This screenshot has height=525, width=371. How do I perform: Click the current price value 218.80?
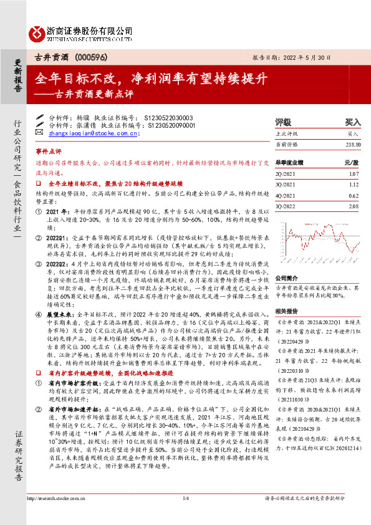tap(352, 145)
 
